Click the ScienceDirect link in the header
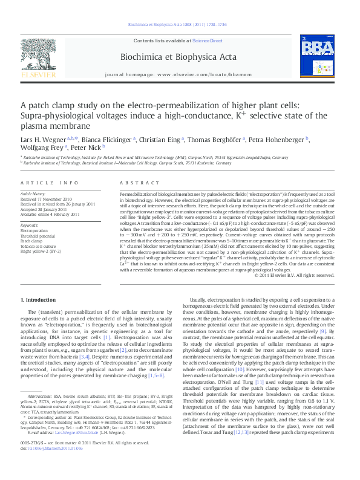(x=207, y=40)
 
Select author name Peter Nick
(x=87, y=146)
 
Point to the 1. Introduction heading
(x=39, y=300)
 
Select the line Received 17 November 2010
(x=47, y=198)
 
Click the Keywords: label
(x=30, y=225)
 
